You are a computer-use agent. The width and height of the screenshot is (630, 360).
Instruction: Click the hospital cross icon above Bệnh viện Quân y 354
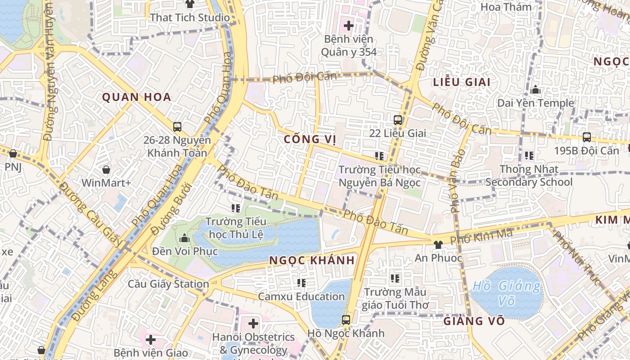coord(349,26)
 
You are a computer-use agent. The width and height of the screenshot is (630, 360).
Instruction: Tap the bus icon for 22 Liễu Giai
coord(397,120)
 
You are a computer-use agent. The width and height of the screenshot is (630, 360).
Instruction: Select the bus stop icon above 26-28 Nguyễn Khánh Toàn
coord(177,127)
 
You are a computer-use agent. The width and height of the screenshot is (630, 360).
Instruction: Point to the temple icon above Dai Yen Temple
coord(535,90)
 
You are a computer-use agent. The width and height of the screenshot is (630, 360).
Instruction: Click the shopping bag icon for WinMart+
coord(106,170)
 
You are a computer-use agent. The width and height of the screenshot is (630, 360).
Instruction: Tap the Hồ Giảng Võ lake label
coord(507,292)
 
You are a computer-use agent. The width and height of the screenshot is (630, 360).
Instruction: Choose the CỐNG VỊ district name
coord(310,139)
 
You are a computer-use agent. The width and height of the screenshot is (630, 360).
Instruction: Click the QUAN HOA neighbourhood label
coord(136,97)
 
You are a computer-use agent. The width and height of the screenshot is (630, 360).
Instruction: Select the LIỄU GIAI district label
coord(462,82)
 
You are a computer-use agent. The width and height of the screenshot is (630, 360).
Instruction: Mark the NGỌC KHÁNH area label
coord(312,260)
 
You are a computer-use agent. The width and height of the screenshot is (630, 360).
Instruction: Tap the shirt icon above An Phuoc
coord(438,244)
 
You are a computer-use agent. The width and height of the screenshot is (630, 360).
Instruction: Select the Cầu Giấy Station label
coord(168,284)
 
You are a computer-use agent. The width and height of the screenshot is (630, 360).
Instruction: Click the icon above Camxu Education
coord(301,283)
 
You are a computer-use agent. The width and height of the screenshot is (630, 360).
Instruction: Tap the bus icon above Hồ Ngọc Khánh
coord(346,320)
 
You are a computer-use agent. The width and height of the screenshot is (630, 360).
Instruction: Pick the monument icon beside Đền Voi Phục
coord(184,238)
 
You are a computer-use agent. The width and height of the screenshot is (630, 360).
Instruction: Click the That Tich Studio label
coord(190,18)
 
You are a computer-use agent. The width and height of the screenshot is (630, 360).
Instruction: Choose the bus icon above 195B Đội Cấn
coord(586,137)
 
